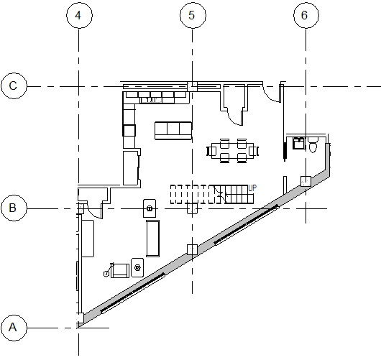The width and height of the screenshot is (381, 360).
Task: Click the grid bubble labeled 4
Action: click(x=79, y=15)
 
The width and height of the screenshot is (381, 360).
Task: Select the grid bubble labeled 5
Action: click(x=193, y=15)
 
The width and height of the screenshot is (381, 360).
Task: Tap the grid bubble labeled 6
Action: click(x=306, y=15)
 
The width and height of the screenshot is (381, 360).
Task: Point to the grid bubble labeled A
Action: click(x=14, y=328)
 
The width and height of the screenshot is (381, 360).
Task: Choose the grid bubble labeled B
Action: click(x=14, y=208)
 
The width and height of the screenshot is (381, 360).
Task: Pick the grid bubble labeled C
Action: click(x=14, y=86)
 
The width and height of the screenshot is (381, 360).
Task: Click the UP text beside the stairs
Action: click(x=252, y=188)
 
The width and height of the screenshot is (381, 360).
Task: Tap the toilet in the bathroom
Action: click(x=313, y=144)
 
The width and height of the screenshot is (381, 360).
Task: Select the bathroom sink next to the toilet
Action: click(x=298, y=143)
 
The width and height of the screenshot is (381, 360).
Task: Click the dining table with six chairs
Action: click(x=232, y=151)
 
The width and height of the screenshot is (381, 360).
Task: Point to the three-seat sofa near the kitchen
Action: click(x=173, y=131)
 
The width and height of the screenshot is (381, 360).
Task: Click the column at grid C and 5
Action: click(x=192, y=86)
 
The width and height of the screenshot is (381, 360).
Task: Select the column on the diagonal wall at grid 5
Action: click(x=192, y=249)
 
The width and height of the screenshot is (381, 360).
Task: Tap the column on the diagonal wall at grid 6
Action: click(x=306, y=181)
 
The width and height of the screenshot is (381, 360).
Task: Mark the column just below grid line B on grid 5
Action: click(x=192, y=209)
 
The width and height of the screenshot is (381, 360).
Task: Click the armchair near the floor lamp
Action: click(x=120, y=271)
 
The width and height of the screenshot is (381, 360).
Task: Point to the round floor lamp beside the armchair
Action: click(x=106, y=274)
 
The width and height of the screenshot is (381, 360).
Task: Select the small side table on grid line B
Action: click(x=150, y=208)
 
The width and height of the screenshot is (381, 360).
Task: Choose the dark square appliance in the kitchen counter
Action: click(x=129, y=131)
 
